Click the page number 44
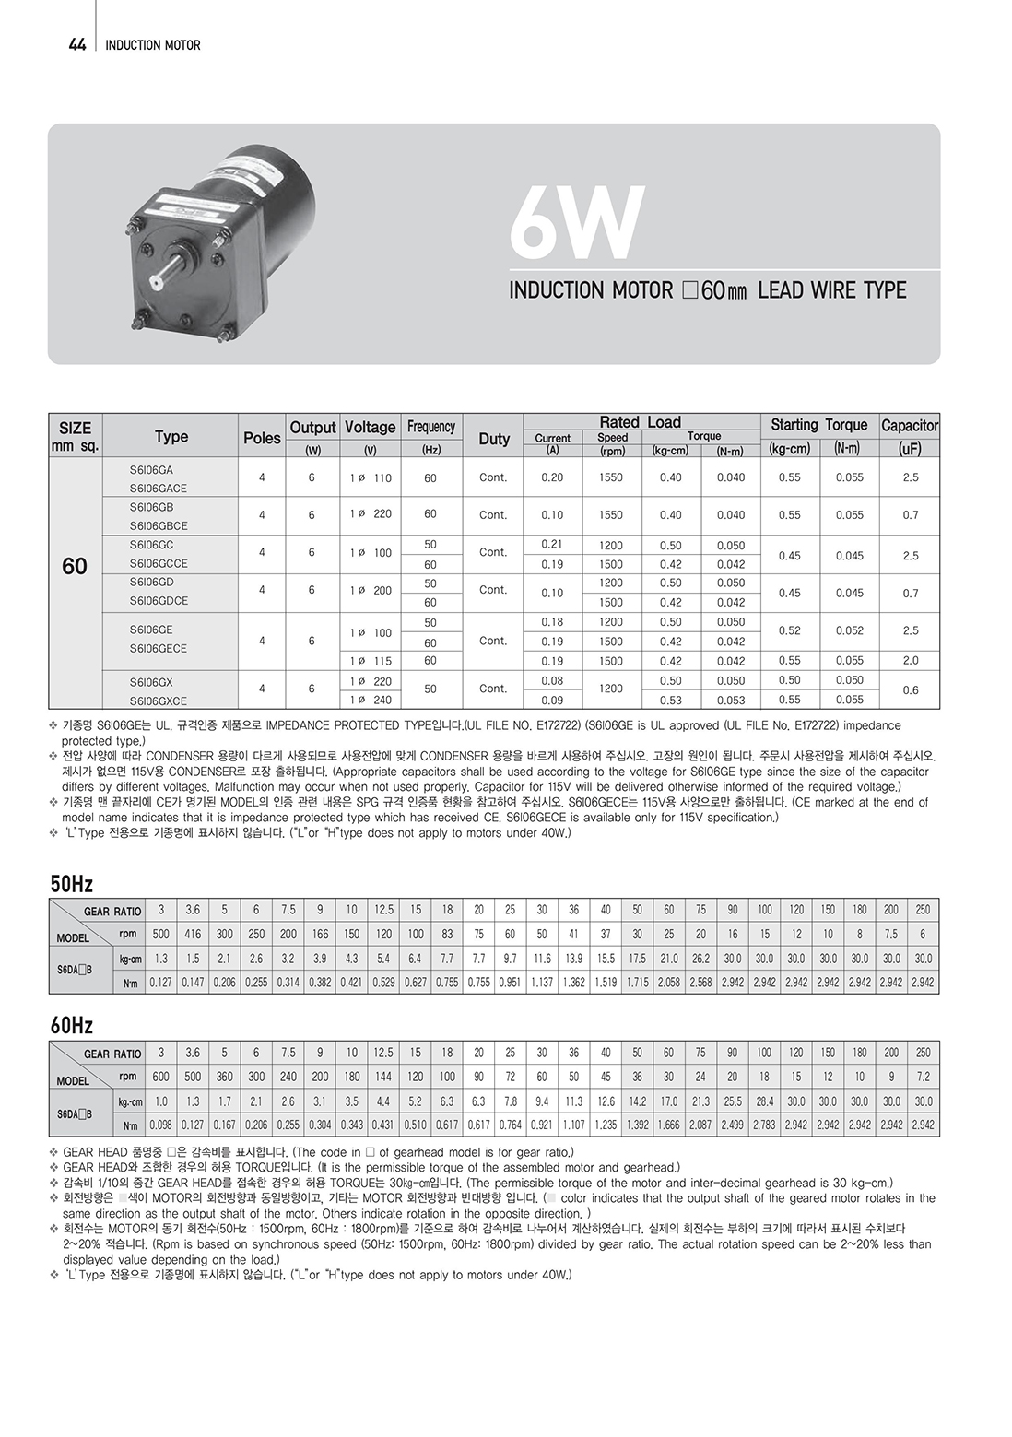click(x=77, y=44)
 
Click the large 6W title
click(x=576, y=224)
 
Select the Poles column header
click(x=262, y=438)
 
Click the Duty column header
click(x=494, y=439)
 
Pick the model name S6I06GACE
click(x=159, y=488)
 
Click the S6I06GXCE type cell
click(x=159, y=701)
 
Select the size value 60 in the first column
click(x=75, y=566)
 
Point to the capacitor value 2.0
click(x=910, y=661)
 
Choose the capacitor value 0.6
click(x=910, y=689)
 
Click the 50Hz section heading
click(x=72, y=885)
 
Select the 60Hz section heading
click(x=72, y=1026)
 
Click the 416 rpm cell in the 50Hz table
click(x=193, y=934)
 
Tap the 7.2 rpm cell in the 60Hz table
click(x=923, y=1076)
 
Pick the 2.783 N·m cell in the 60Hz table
click(x=764, y=1125)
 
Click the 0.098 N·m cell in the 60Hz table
click(x=161, y=1125)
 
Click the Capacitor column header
click(x=910, y=425)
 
